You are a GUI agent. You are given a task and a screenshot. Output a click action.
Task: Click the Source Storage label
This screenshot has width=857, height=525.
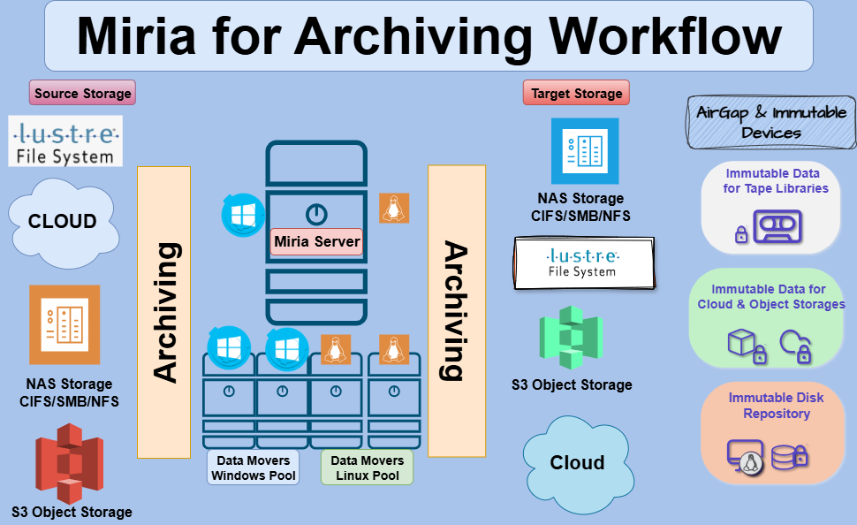[83, 93]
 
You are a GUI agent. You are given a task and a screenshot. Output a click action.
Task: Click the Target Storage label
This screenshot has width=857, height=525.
[577, 93]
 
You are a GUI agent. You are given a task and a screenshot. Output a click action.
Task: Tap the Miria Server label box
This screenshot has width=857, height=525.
[316, 241]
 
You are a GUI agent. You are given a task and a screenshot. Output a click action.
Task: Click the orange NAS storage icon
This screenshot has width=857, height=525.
[64, 324]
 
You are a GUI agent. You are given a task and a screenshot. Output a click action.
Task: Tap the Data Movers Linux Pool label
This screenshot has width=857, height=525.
[367, 468]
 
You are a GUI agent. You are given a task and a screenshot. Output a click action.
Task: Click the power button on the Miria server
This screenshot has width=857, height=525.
[316, 213]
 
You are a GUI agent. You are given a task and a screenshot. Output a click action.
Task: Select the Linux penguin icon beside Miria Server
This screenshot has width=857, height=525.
[394, 208]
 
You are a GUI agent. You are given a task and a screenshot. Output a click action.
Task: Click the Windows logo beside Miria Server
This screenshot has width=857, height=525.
[242, 215]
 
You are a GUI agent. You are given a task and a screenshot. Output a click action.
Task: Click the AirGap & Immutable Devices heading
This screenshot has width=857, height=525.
[771, 123]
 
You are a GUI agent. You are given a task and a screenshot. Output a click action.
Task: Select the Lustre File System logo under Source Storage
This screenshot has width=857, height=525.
[64, 142]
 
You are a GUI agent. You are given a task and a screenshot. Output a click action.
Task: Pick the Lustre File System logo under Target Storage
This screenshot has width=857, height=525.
[584, 262]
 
